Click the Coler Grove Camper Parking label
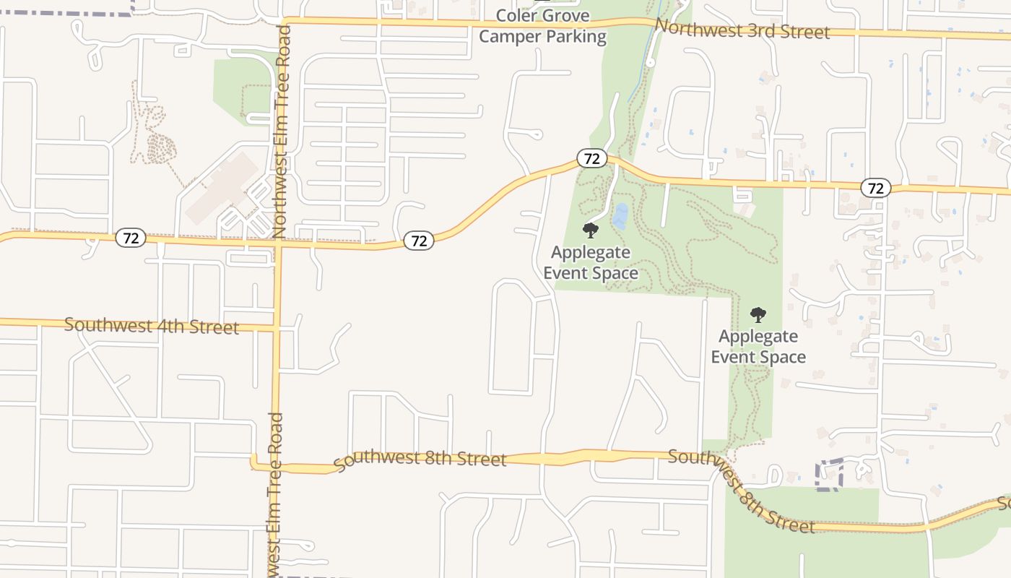[x=542, y=26]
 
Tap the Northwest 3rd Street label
[x=743, y=29]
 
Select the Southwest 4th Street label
[x=152, y=325]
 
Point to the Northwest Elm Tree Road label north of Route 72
[x=282, y=130]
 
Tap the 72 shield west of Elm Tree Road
[x=131, y=237]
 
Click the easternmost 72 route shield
[x=875, y=188]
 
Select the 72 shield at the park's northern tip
[x=591, y=159]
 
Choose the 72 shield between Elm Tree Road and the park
[x=419, y=241]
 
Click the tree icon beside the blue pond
[x=591, y=230]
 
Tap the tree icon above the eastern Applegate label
[x=758, y=314]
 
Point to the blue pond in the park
[x=620, y=215]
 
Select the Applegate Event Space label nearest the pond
[x=591, y=262]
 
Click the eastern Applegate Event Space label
[x=758, y=346]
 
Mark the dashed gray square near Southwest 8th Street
[x=830, y=475]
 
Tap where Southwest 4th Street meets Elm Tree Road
[x=277, y=329]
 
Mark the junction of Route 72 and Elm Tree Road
[x=278, y=243]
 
